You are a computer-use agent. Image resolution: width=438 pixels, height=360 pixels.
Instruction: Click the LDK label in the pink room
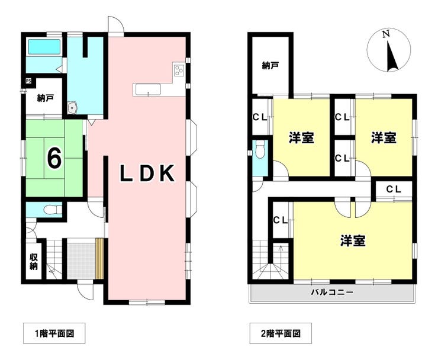click(147, 173)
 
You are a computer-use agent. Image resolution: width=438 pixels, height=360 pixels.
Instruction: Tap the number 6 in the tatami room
click(54, 158)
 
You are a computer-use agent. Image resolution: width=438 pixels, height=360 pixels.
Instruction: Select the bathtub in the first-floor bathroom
click(44, 47)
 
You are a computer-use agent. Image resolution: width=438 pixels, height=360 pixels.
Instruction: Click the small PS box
click(28, 81)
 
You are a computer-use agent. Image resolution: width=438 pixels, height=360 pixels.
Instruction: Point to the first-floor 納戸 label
click(46, 98)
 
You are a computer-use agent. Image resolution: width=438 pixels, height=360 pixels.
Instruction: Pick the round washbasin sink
click(73, 108)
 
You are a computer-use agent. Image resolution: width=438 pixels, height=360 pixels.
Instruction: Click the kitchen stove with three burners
click(179, 69)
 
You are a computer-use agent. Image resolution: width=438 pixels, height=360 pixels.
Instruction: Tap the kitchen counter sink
click(148, 90)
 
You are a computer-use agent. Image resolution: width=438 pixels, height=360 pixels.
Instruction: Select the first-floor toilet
click(52, 210)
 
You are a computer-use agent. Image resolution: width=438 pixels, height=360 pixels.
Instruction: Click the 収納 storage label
click(34, 262)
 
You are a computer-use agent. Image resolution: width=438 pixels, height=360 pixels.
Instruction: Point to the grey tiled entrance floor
click(81, 261)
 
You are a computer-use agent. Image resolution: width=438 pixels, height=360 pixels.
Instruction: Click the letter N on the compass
click(386, 34)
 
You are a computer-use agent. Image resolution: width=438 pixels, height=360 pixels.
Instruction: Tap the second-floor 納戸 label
click(270, 66)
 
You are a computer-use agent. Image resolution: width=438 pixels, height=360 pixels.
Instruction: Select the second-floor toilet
click(260, 149)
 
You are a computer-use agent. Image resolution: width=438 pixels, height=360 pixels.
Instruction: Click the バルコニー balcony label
click(333, 292)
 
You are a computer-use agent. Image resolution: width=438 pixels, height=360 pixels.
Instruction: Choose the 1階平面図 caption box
click(54, 333)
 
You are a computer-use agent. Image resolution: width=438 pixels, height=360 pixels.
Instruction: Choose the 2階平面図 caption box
click(281, 333)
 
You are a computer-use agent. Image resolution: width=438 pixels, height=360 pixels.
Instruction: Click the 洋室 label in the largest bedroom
click(353, 240)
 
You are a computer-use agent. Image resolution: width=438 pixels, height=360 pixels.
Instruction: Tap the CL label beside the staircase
click(281, 220)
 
